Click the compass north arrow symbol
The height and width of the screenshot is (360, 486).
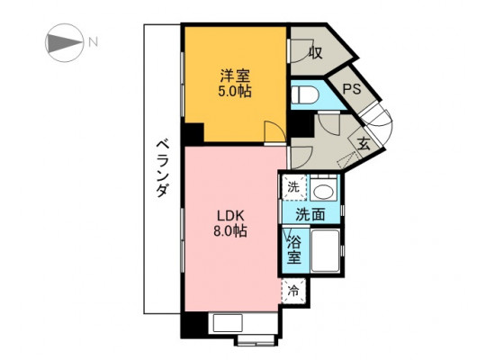[x=65, y=42]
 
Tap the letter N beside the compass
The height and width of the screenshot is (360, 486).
[x=93, y=42]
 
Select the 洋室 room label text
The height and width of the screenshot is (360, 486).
[x=235, y=76]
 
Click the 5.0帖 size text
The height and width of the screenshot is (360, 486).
[x=235, y=91]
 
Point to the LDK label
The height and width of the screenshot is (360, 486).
[x=231, y=215]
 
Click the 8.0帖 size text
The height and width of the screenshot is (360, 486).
[x=230, y=230]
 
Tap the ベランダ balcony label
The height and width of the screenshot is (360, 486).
[x=162, y=168]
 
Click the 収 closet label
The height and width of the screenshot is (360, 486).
[x=315, y=53]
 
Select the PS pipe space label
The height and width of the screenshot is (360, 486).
[x=352, y=89]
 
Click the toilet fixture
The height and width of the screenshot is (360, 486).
[x=304, y=94]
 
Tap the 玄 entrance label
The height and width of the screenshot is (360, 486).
[x=364, y=144]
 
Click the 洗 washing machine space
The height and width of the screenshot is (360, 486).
[x=293, y=187]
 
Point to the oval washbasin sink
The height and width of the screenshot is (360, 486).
[x=323, y=192]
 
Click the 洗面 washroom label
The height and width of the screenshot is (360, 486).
[x=310, y=214]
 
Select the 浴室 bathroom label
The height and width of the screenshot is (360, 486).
[x=293, y=249]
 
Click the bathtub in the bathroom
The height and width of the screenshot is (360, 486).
[x=326, y=250]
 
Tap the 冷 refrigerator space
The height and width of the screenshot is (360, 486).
[x=293, y=292]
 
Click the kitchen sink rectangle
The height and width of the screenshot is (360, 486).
[x=228, y=323]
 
